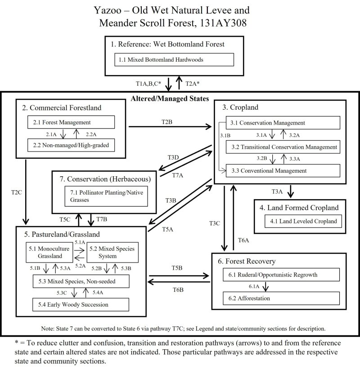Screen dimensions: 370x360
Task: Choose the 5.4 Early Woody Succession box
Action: point(81,304)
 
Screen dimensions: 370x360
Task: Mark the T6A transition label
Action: point(243,240)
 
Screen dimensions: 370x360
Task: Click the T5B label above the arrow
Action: point(177,268)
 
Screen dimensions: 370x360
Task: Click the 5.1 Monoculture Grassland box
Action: point(49,253)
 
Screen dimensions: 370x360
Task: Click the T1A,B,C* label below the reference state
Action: point(148,84)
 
